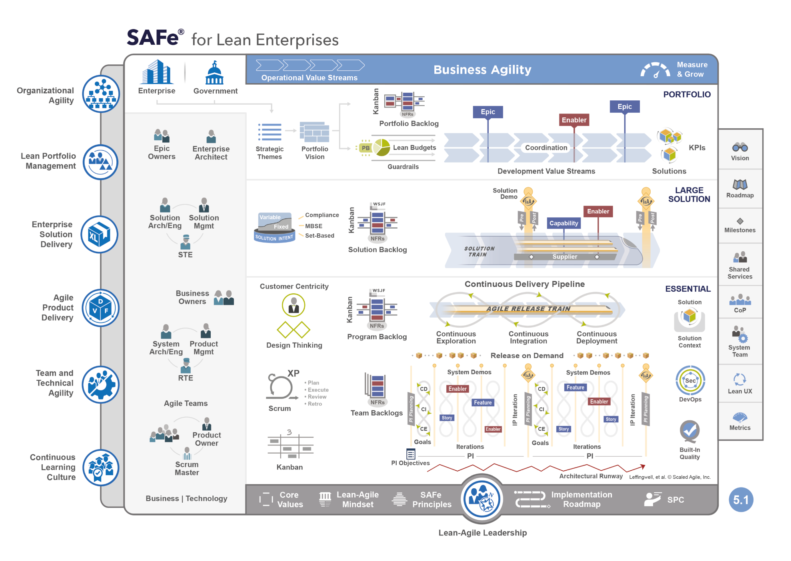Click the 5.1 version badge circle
pos(741,500)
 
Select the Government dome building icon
pos(215,73)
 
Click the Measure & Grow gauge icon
pos(655,70)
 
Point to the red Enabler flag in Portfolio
pos(574,120)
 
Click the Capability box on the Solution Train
pos(563,223)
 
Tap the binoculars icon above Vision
pos(740,147)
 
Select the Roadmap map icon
pos(740,184)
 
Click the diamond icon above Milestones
pos(740,221)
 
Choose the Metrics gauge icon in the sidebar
pos(740,418)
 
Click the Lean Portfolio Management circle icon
pos(100,162)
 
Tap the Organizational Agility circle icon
pos(101,94)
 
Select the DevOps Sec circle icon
pos(690,380)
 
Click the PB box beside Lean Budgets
pos(366,148)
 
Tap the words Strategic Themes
pos(270,153)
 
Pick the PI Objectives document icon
pos(411,454)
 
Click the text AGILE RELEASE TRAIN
pos(528,309)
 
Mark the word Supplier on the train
pos(565,257)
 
